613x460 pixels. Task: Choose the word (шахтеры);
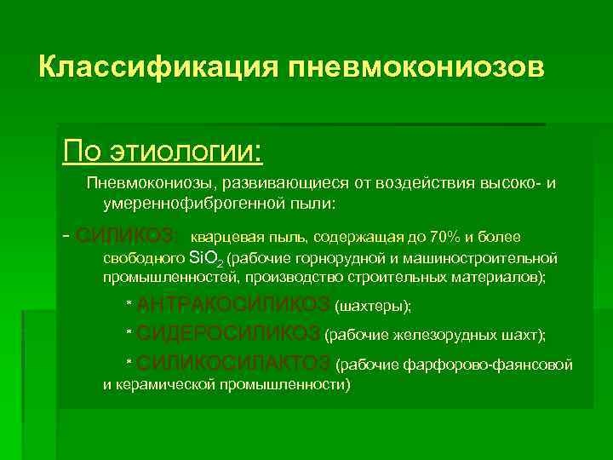pyautogui.click(x=374, y=306)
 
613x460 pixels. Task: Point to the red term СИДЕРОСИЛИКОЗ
pyautogui.click(x=228, y=333)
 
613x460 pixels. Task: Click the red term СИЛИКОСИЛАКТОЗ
pyautogui.click(x=234, y=364)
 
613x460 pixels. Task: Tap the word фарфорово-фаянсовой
pyautogui.click(x=499, y=365)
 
